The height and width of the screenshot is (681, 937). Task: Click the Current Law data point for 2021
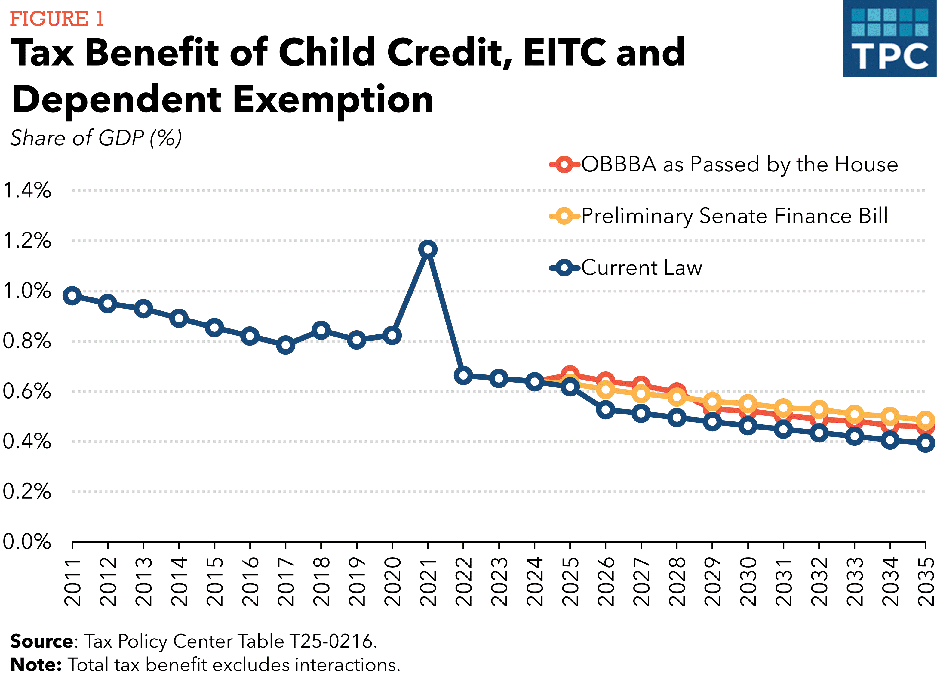click(x=428, y=249)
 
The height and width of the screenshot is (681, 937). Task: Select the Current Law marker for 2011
click(x=72, y=296)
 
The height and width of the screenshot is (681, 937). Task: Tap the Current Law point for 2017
click(x=285, y=345)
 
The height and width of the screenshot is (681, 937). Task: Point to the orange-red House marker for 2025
click(x=570, y=373)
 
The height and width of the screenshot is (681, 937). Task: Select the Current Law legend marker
click(x=564, y=268)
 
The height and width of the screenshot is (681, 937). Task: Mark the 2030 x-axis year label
click(x=748, y=581)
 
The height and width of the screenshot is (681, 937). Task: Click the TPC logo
click(x=889, y=39)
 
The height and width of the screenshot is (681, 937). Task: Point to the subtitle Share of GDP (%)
click(x=96, y=138)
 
